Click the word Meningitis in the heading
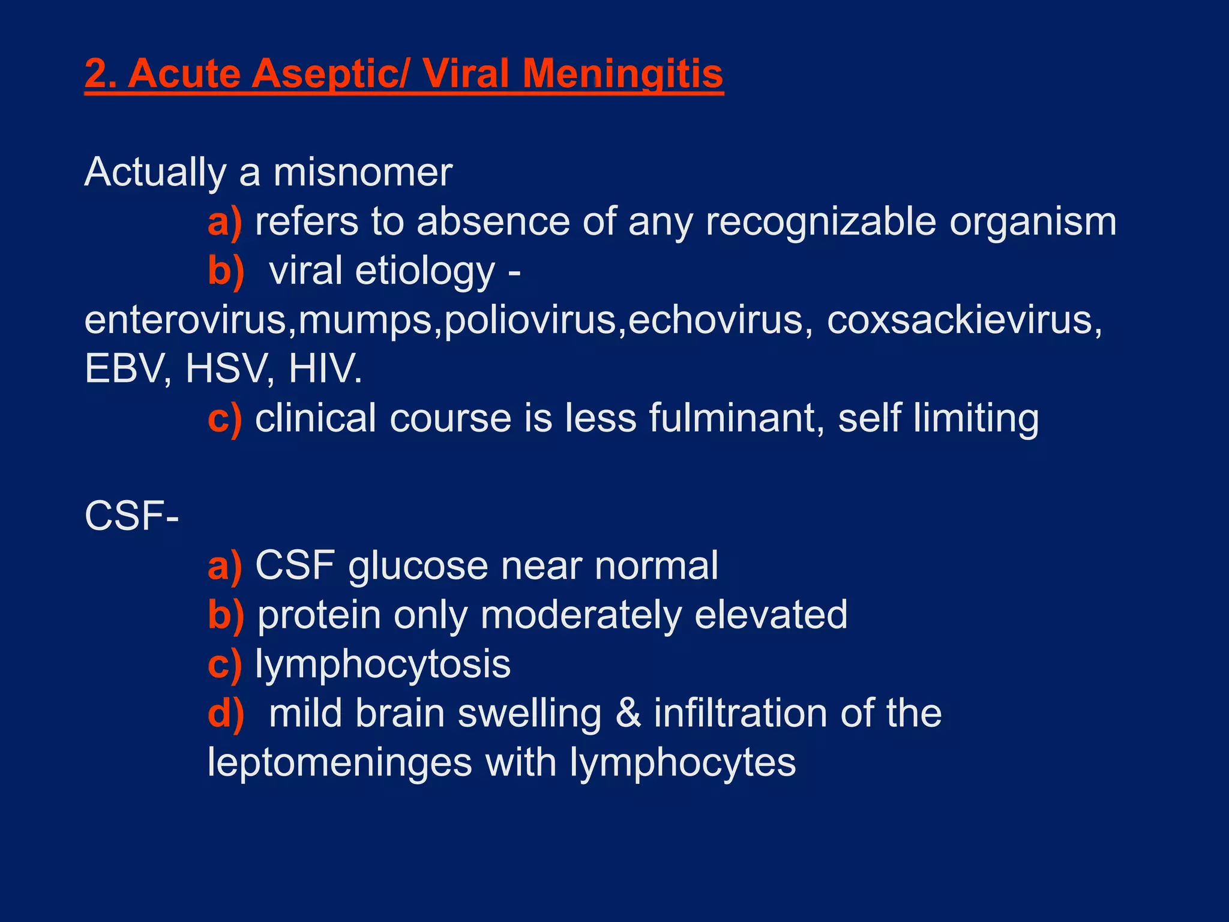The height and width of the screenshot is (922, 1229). (x=622, y=74)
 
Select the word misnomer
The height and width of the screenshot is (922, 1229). (x=362, y=173)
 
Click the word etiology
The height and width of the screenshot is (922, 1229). (x=425, y=271)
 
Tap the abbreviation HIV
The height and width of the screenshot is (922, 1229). (x=325, y=369)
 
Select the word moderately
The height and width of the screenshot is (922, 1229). (x=580, y=615)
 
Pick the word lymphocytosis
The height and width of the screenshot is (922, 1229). (x=383, y=665)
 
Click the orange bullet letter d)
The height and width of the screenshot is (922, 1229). (x=225, y=714)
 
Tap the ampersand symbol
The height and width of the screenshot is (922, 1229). (x=628, y=714)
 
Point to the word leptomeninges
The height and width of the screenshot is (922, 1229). (x=340, y=764)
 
